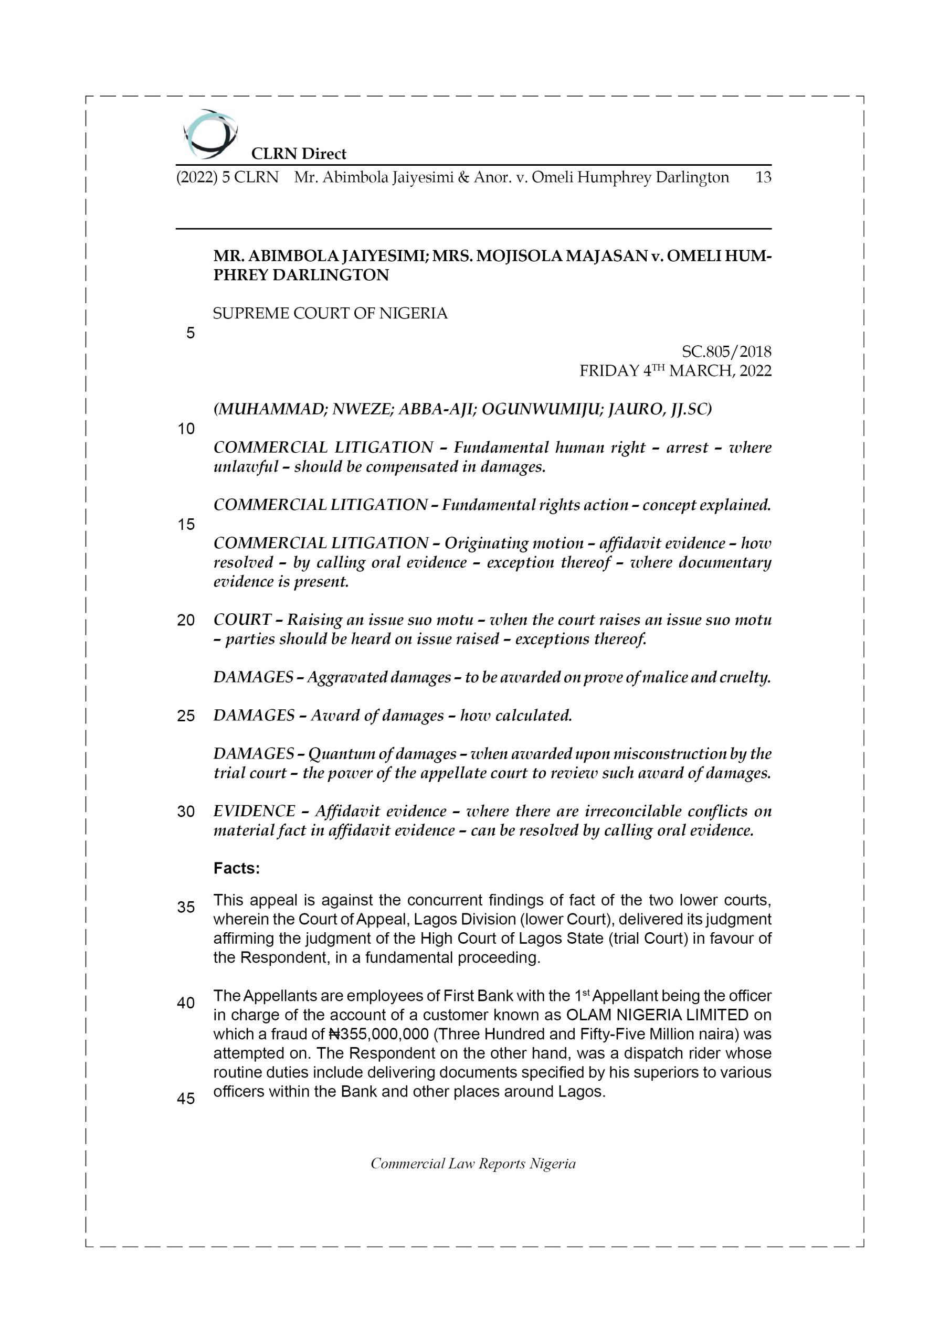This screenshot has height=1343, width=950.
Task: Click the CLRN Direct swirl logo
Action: point(210,134)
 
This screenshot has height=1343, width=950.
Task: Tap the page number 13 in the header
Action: point(763,177)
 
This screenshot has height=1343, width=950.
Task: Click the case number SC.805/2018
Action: point(726,351)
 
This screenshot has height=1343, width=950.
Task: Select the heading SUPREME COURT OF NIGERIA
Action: point(330,314)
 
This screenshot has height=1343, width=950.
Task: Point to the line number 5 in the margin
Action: point(190,334)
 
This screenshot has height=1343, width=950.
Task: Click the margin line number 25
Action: point(186,716)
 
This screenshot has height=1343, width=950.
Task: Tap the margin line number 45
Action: point(186,1099)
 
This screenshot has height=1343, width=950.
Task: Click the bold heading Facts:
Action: point(237,869)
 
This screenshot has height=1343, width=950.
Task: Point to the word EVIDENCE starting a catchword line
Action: point(254,811)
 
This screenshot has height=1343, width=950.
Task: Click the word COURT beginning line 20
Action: point(242,620)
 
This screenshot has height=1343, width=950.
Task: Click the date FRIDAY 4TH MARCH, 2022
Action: point(675,371)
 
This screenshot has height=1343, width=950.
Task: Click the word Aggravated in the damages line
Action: point(346,677)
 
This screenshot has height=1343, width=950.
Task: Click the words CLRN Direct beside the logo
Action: point(299,154)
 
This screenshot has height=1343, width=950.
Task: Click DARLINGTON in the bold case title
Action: point(331,275)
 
